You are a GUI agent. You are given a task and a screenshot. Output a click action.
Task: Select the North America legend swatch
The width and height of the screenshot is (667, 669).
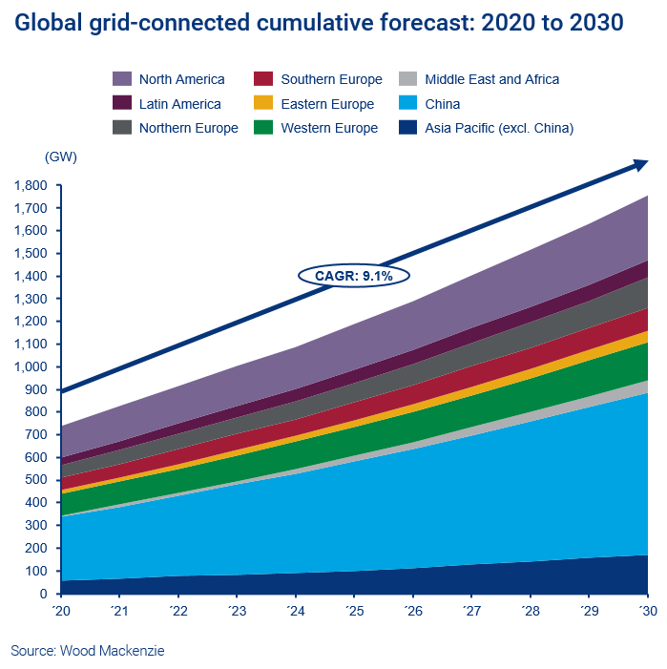(122, 79)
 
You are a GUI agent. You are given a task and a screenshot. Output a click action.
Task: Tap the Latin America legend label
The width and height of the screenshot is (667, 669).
(179, 104)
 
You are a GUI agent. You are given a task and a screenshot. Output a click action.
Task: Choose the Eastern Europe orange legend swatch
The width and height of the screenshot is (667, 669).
(264, 104)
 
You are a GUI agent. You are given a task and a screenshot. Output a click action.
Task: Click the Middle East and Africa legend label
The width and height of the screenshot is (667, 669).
(491, 79)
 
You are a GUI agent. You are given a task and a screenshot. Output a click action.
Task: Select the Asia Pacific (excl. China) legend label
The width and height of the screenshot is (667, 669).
(499, 128)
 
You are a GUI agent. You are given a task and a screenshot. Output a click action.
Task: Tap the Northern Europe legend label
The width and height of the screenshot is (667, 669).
(189, 128)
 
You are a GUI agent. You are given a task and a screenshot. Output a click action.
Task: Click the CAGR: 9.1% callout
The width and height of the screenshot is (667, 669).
(353, 275)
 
